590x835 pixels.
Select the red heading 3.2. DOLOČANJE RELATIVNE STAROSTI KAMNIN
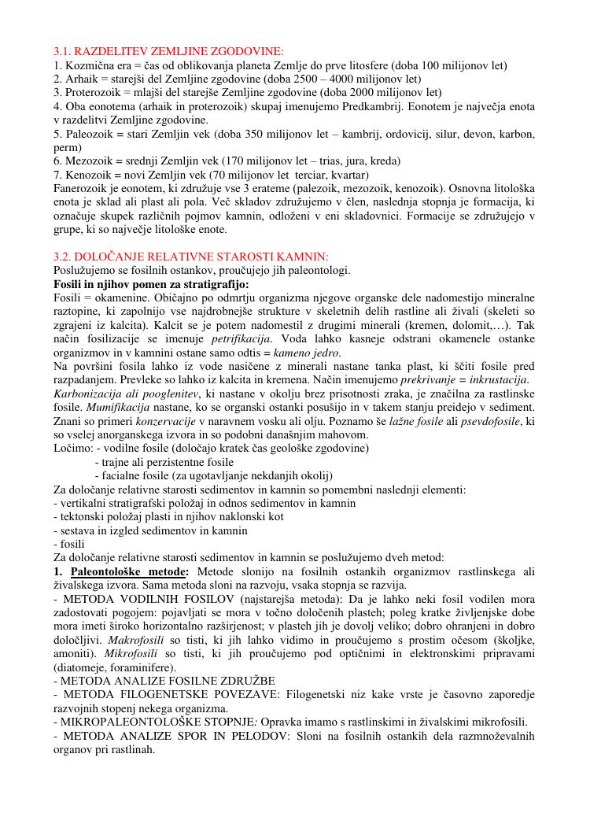tap(190, 257)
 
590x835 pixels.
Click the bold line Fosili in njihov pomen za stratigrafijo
tap(151, 284)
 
